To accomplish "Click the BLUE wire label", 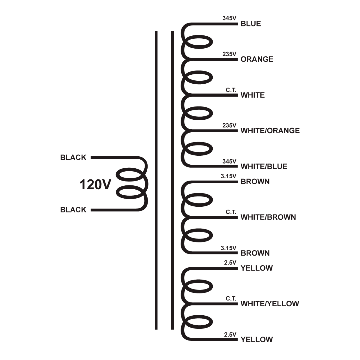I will [x=251, y=24].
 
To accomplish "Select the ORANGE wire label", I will [x=257, y=59].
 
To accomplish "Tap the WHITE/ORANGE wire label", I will [x=270, y=130].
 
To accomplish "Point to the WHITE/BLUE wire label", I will [x=264, y=166].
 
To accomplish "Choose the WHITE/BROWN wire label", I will [x=268, y=217].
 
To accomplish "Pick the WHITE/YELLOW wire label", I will [x=270, y=304].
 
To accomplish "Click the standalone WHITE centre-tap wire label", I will [x=253, y=95].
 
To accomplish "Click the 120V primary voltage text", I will [x=95, y=185].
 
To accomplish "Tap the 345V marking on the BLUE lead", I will [x=229, y=18].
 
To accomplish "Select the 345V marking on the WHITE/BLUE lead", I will [x=229, y=161].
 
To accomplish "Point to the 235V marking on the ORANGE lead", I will [x=229, y=54].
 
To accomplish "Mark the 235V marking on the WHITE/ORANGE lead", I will [x=229, y=125].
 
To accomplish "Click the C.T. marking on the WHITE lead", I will [x=231, y=90].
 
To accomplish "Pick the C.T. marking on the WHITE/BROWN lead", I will [x=231, y=212].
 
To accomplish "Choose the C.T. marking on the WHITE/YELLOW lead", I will [x=231, y=299].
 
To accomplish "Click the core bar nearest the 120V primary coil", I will [x=156, y=180].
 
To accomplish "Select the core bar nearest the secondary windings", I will [x=172, y=180].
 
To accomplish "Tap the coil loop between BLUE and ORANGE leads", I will [x=198, y=42].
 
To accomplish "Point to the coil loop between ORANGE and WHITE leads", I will [x=198, y=78].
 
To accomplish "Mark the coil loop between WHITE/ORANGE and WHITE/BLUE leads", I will [x=198, y=149].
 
